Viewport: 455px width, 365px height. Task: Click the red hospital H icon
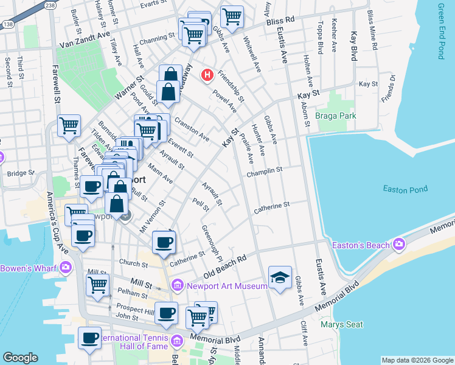click(207, 75)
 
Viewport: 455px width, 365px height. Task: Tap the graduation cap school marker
click(280, 277)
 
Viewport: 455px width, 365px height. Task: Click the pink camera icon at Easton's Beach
click(398, 245)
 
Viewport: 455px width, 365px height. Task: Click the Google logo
click(20, 358)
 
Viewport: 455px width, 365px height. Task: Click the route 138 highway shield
click(8, 24)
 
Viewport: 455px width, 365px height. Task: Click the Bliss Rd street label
click(280, 20)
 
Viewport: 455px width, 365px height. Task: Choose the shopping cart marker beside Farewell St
click(69, 125)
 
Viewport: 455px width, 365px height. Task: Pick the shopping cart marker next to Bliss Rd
click(231, 16)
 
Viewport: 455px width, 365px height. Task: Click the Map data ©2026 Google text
click(417, 360)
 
